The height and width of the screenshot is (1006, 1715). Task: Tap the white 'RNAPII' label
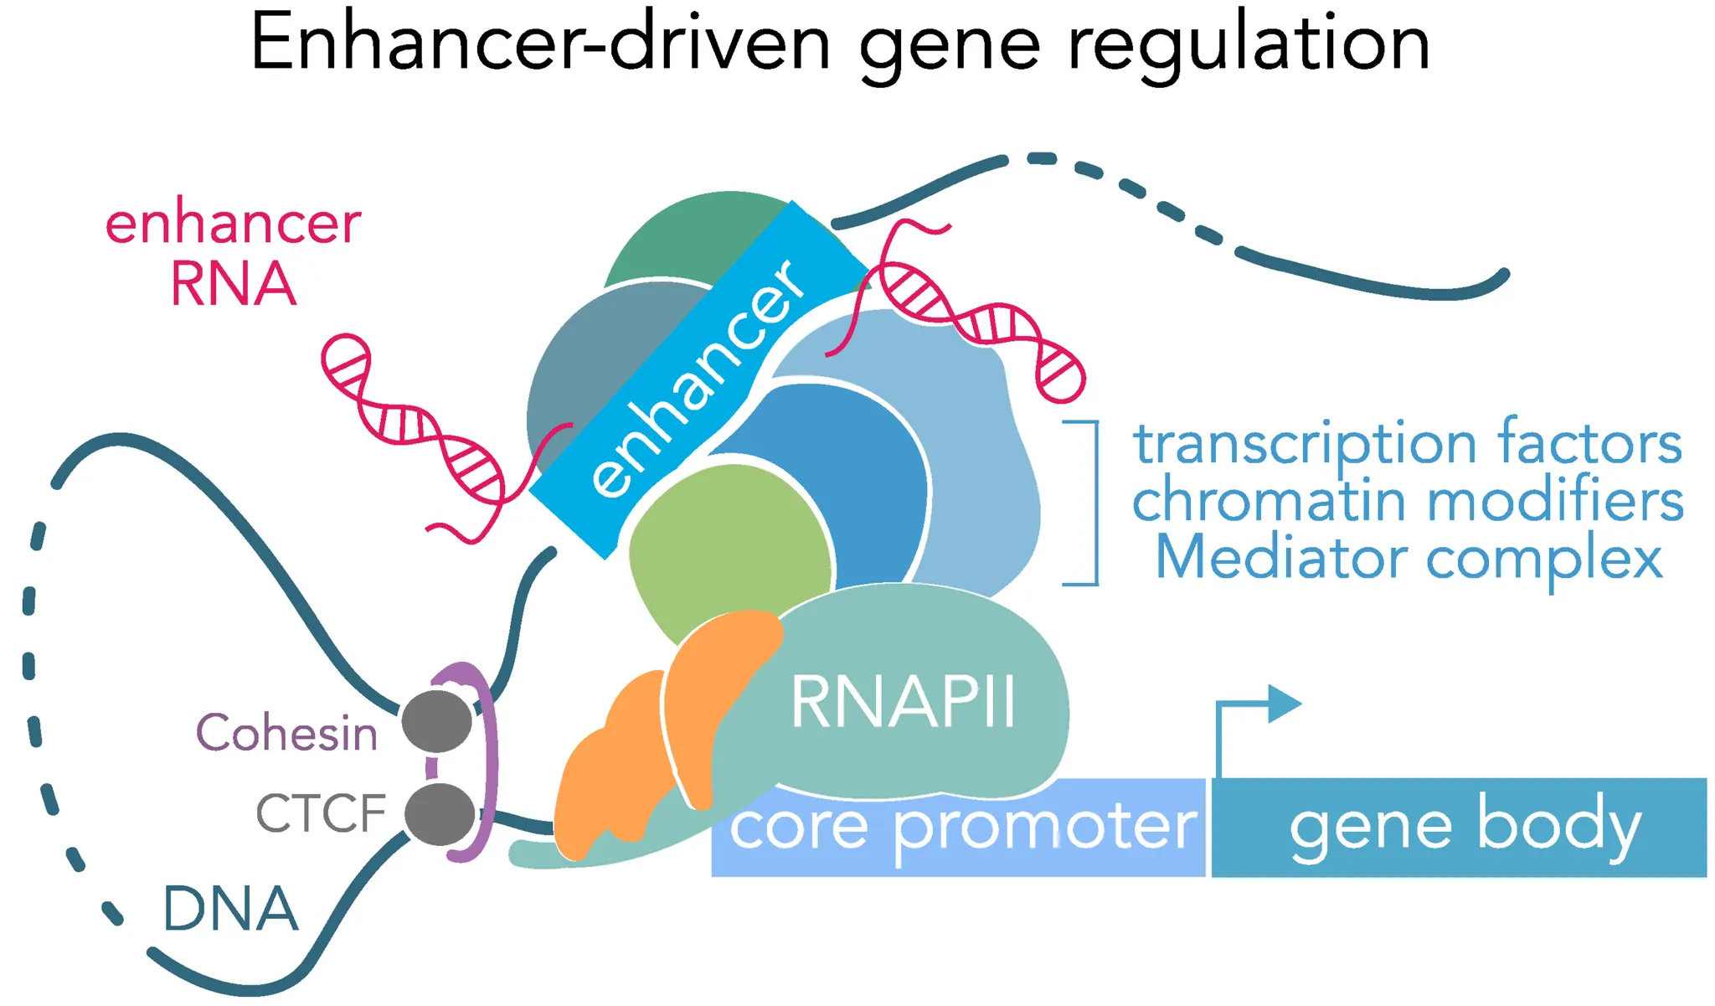point(903,702)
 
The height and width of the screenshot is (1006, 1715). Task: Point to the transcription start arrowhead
point(1283,704)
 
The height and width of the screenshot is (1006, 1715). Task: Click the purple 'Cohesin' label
point(286,733)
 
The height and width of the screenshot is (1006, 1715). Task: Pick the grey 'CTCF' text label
point(321,813)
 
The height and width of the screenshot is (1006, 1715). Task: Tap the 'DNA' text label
point(230,909)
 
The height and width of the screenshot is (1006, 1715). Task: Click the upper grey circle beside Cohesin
point(437,721)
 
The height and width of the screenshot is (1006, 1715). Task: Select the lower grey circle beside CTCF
point(440,813)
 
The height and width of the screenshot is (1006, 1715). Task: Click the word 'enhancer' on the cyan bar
point(699,377)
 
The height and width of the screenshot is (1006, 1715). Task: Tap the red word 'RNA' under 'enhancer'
point(233,285)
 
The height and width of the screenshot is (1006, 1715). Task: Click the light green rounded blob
point(729,544)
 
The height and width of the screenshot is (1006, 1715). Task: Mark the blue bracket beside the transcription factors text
point(1093,503)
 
